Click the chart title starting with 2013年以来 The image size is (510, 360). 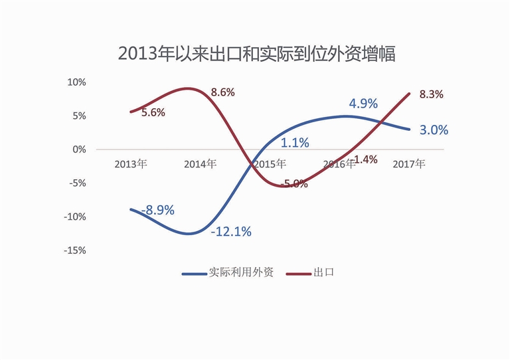click(256, 54)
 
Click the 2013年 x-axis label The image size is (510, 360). click(131, 163)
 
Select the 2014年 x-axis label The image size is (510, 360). click(201, 163)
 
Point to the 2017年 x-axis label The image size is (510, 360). click(409, 163)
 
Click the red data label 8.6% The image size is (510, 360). click(222, 93)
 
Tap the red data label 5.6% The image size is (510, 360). click(153, 113)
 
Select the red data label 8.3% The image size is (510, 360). click(431, 94)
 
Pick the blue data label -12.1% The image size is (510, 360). click(230, 232)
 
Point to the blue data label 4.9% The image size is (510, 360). click(363, 104)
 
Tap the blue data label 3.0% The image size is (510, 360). click(434, 130)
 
